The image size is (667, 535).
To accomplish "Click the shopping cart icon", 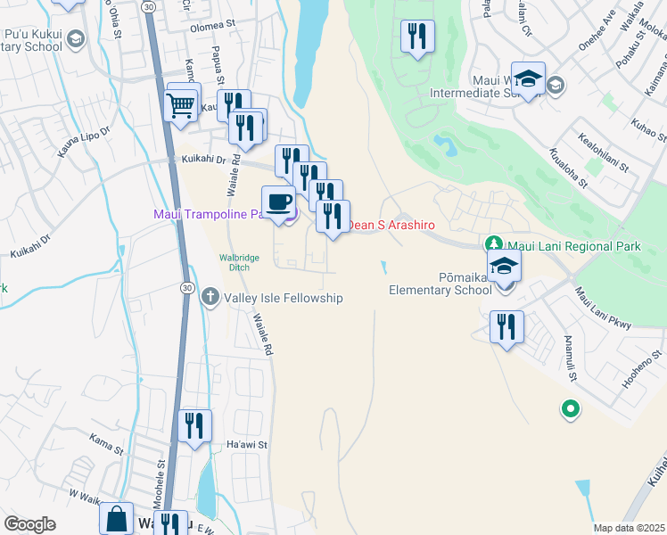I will tap(181, 104).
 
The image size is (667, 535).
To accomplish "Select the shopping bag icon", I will tap(116, 520).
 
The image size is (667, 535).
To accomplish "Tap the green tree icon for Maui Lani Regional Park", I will tap(492, 244).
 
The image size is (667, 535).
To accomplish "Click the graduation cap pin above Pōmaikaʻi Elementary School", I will tap(505, 267).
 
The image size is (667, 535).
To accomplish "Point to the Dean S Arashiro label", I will tap(391, 226).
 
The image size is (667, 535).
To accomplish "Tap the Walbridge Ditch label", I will tap(239, 262).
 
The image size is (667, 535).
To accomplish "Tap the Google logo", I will tap(30, 524).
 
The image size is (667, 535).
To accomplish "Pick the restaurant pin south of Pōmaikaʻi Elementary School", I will tap(506, 326).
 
